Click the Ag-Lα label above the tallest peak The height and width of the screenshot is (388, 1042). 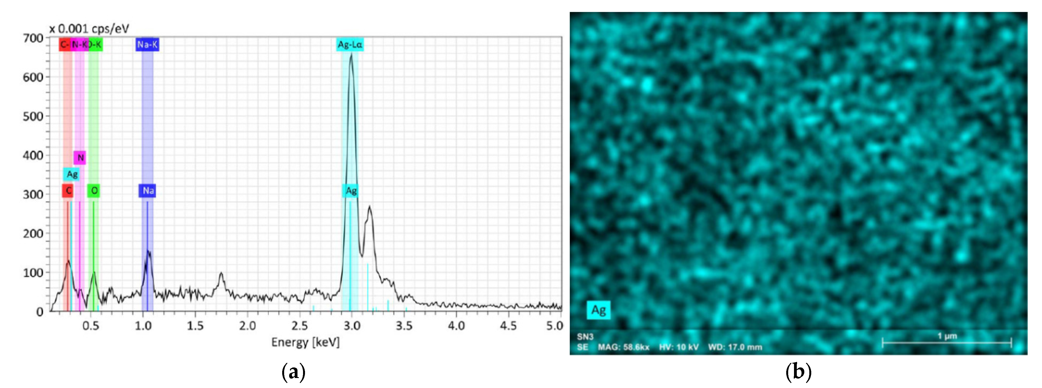tap(350, 44)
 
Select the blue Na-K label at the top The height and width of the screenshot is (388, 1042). tap(147, 44)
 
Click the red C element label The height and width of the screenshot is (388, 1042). tap(68, 190)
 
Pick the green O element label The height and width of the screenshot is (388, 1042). tap(94, 190)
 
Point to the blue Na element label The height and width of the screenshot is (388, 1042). tap(148, 190)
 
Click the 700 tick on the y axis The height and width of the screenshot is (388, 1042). tap(33, 38)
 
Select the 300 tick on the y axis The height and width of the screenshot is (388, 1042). tap(33, 194)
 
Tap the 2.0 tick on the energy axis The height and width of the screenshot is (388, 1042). tap(247, 325)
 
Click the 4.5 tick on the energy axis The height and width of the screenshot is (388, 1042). tap(508, 325)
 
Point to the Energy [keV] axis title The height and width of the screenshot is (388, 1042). tap(306, 342)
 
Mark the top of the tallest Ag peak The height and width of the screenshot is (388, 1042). tap(351, 54)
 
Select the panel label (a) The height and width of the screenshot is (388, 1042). tap(293, 372)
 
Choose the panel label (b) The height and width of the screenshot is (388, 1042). tap(798, 372)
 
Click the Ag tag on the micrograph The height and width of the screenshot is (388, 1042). tap(599, 310)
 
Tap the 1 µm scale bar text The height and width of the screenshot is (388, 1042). tap(947, 336)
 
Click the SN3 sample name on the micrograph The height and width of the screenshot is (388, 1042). tap(585, 337)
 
